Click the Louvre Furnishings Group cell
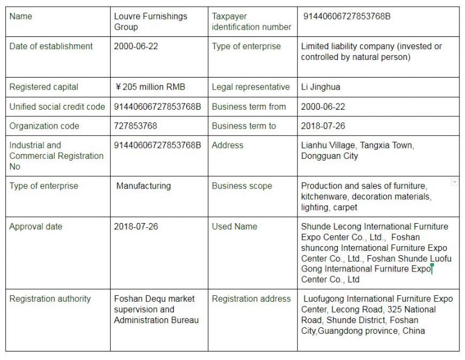click(x=151, y=21)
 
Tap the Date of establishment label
click(x=51, y=46)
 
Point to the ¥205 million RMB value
click(x=150, y=87)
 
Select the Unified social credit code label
click(x=57, y=107)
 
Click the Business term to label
click(x=243, y=126)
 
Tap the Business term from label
click(x=248, y=107)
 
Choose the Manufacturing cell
click(x=143, y=185)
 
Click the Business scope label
click(x=242, y=185)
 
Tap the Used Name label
click(x=234, y=227)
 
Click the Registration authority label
click(x=50, y=299)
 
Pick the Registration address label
click(x=251, y=299)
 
